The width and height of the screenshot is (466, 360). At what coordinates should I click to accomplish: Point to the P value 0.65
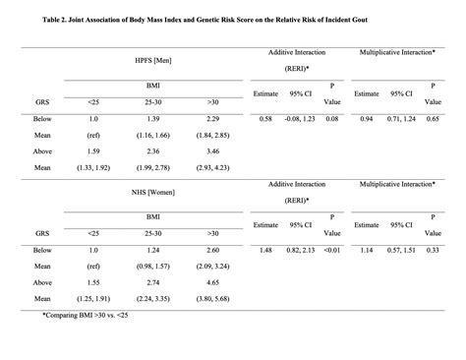coord(433,117)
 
